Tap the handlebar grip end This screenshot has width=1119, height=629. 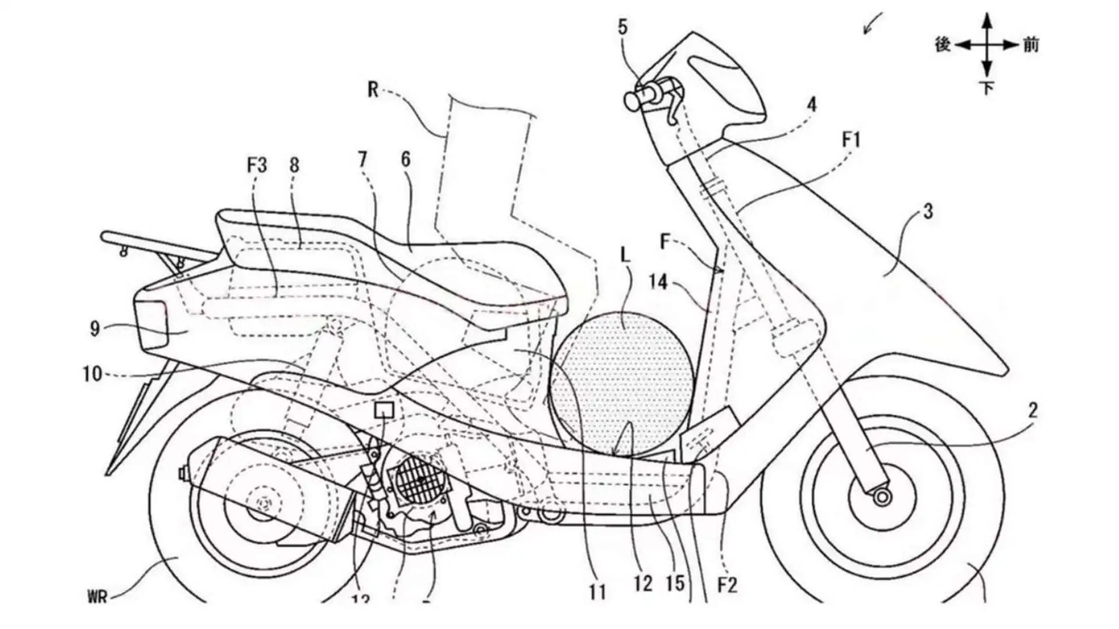click(x=631, y=101)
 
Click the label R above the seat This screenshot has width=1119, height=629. click(x=372, y=90)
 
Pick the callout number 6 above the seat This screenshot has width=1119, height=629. click(x=404, y=160)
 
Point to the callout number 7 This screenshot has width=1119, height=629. click(x=362, y=160)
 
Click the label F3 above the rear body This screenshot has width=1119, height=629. click(x=257, y=167)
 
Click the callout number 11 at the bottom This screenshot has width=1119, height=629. click(x=596, y=594)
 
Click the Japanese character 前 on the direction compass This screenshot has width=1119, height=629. click(x=1030, y=45)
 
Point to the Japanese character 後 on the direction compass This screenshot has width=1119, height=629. click(x=944, y=45)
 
